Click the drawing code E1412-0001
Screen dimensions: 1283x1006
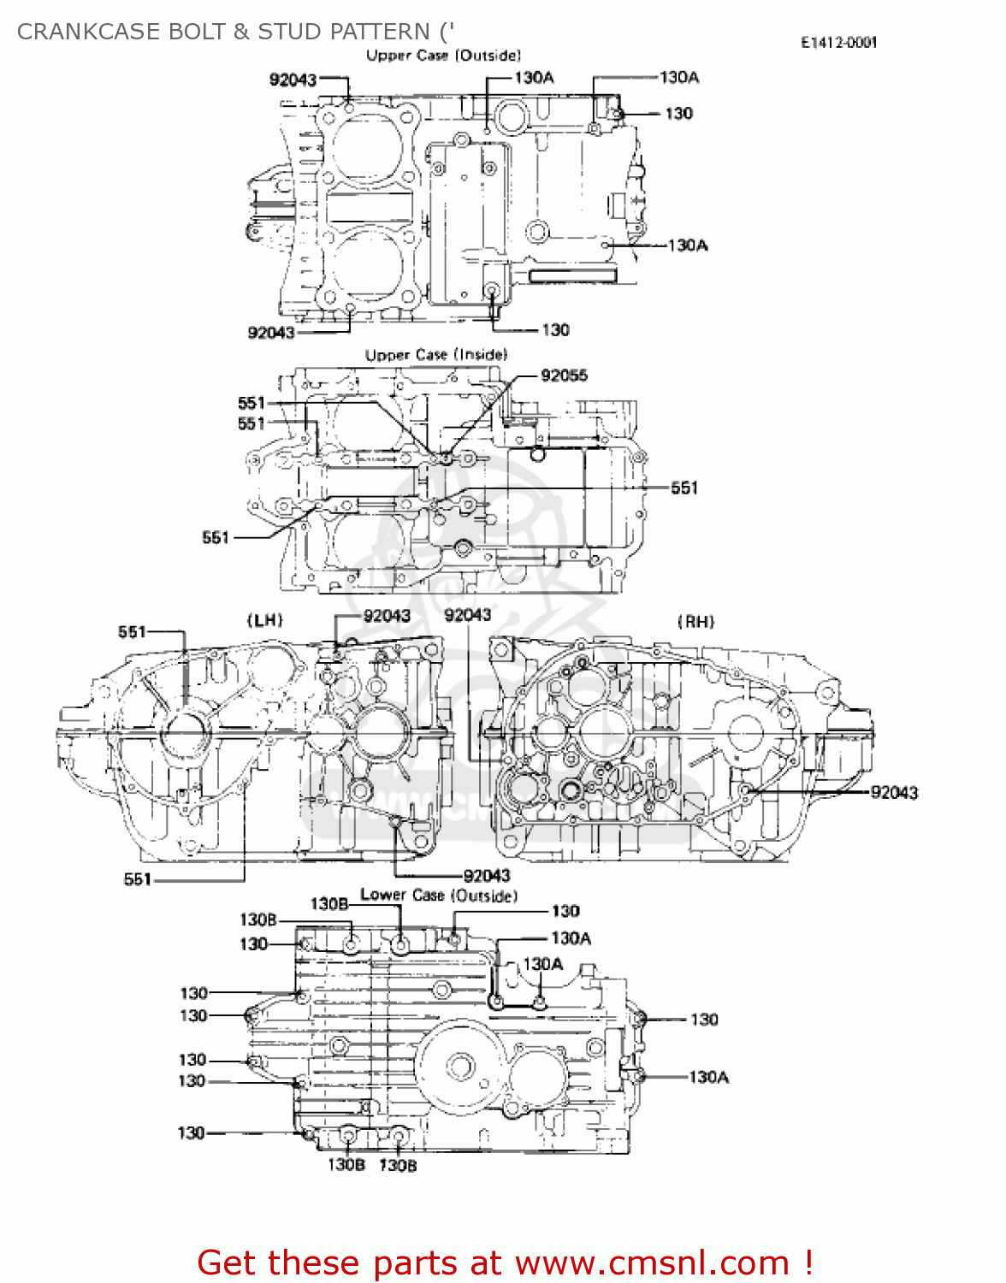[838, 43]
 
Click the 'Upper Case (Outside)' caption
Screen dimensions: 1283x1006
[443, 56]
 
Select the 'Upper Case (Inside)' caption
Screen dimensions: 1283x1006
[436, 354]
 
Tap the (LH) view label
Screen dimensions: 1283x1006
[264, 620]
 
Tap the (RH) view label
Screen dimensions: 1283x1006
[695, 622]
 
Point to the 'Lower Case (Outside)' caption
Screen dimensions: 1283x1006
[439, 896]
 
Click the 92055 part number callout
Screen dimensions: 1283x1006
[564, 375]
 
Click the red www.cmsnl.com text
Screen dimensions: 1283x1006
[652, 1262]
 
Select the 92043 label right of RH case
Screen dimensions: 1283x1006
[894, 793]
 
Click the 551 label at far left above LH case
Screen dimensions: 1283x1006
[132, 632]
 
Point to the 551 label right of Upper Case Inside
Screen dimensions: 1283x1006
[684, 488]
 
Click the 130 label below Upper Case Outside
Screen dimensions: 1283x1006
[555, 330]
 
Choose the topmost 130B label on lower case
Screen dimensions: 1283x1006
[328, 904]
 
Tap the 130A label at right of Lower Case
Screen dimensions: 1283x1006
[708, 1078]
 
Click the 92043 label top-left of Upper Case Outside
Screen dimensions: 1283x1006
[293, 80]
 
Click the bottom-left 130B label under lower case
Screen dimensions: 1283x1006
[346, 1165]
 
